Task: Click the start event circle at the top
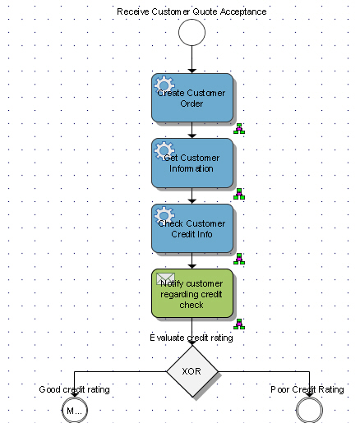pos(191,33)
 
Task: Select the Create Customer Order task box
pos(192,99)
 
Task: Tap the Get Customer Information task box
pos(192,163)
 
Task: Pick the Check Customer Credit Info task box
pos(192,228)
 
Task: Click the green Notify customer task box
pos(192,293)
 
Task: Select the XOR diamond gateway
pos(192,370)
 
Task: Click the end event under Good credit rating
pos(74,410)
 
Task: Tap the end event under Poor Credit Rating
pos(309,410)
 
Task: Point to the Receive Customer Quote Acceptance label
pos(191,11)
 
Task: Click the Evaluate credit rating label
pos(192,337)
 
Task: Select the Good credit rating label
pos(75,389)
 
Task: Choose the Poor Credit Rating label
pos(307,389)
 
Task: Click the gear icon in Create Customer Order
pos(164,84)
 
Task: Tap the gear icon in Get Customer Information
pos(164,149)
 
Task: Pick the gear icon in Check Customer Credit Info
pos(164,215)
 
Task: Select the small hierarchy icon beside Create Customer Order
pos(239,129)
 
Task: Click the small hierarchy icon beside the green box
pos(239,324)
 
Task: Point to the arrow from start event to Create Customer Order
pos(191,60)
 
